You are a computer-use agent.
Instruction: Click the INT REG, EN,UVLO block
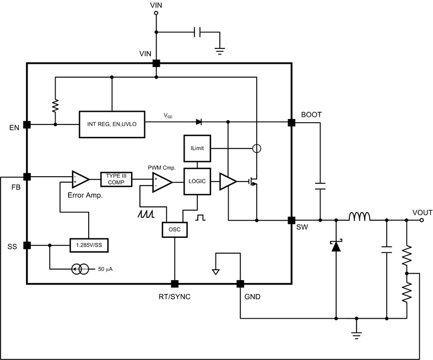click(112, 124)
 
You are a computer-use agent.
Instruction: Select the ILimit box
click(197, 149)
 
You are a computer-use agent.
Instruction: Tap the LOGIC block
click(197, 181)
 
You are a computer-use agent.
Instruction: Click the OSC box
click(175, 230)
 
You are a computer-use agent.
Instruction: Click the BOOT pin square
click(291, 122)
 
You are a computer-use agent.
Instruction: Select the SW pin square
click(291, 220)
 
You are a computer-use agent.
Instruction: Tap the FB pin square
click(26, 177)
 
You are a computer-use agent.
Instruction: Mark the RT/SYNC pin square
click(175, 284)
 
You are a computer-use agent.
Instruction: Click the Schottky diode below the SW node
click(336, 246)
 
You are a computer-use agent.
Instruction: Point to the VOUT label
click(423, 212)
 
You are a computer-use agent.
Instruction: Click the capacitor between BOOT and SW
click(320, 188)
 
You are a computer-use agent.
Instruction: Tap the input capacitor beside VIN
click(198, 32)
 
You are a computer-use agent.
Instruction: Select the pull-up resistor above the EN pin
click(55, 105)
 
